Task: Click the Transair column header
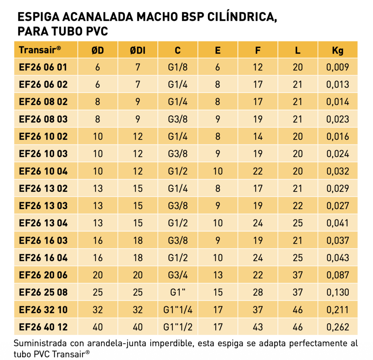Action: [x=40, y=50]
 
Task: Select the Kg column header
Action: [x=338, y=50]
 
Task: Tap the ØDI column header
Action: [x=138, y=50]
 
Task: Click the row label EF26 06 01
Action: [x=43, y=67]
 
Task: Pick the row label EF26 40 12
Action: [x=43, y=327]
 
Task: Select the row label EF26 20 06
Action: [x=43, y=275]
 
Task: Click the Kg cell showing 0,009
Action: [x=338, y=67]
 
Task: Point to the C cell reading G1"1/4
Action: [x=178, y=310]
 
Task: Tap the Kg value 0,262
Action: [x=338, y=327]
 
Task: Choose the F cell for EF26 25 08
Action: [x=258, y=292]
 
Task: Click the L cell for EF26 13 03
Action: [x=298, y=206]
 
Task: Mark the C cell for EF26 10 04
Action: [x=178, y=171]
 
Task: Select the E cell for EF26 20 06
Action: [x=218, y=275]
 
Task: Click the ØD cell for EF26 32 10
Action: [x=98, y=310]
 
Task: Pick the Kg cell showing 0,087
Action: [x=338, y=275]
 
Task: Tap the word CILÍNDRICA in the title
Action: [x=242, y=17]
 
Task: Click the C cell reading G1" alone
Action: [x=178, y=292]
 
